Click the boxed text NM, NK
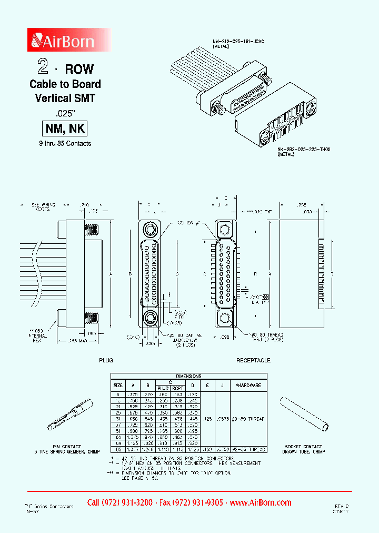(64, 129)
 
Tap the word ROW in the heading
(79, 68)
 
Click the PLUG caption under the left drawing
(106, 360)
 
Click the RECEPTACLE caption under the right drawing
(253, 360)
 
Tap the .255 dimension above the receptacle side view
(301, 204)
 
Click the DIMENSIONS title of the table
(188, 377)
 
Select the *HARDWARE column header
(248, 385)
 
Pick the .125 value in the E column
(208, 419)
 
